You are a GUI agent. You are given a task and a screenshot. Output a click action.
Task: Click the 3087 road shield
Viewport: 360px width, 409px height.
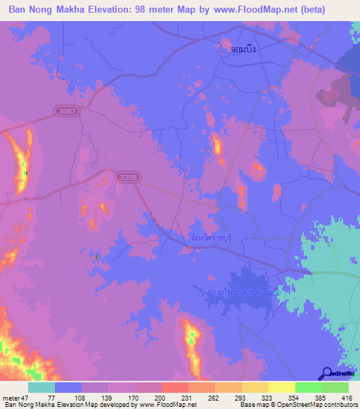67,110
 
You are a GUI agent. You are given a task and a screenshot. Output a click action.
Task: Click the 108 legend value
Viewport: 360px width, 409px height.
81,398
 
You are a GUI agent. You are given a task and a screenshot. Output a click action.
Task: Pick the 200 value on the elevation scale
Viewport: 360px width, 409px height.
161,398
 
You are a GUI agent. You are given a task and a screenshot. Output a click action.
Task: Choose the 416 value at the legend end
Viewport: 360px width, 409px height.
348,398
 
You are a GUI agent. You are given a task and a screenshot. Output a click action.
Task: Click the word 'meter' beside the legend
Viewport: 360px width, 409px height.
11,398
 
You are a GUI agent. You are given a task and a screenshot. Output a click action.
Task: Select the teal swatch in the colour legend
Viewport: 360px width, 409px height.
41,388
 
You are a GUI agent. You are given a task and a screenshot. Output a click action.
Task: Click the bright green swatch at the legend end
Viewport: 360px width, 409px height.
335,388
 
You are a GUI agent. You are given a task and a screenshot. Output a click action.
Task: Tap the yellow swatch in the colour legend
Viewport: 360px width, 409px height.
281,388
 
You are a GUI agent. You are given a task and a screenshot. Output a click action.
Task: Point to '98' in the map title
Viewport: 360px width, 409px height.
144,9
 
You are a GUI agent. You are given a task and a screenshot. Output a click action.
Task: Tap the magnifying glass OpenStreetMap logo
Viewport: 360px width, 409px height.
327,375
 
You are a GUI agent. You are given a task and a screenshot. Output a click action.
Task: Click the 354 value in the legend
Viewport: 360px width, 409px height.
295,398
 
